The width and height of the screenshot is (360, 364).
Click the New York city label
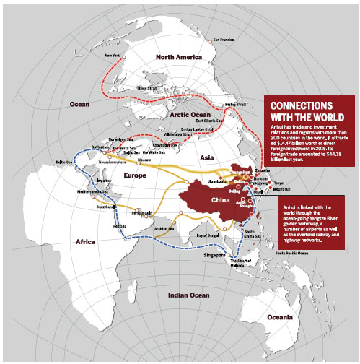click(113, 55)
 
